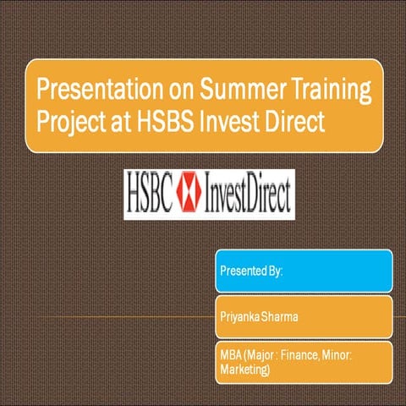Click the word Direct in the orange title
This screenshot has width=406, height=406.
click(295, 121)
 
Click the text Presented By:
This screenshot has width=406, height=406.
click(251, 272)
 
